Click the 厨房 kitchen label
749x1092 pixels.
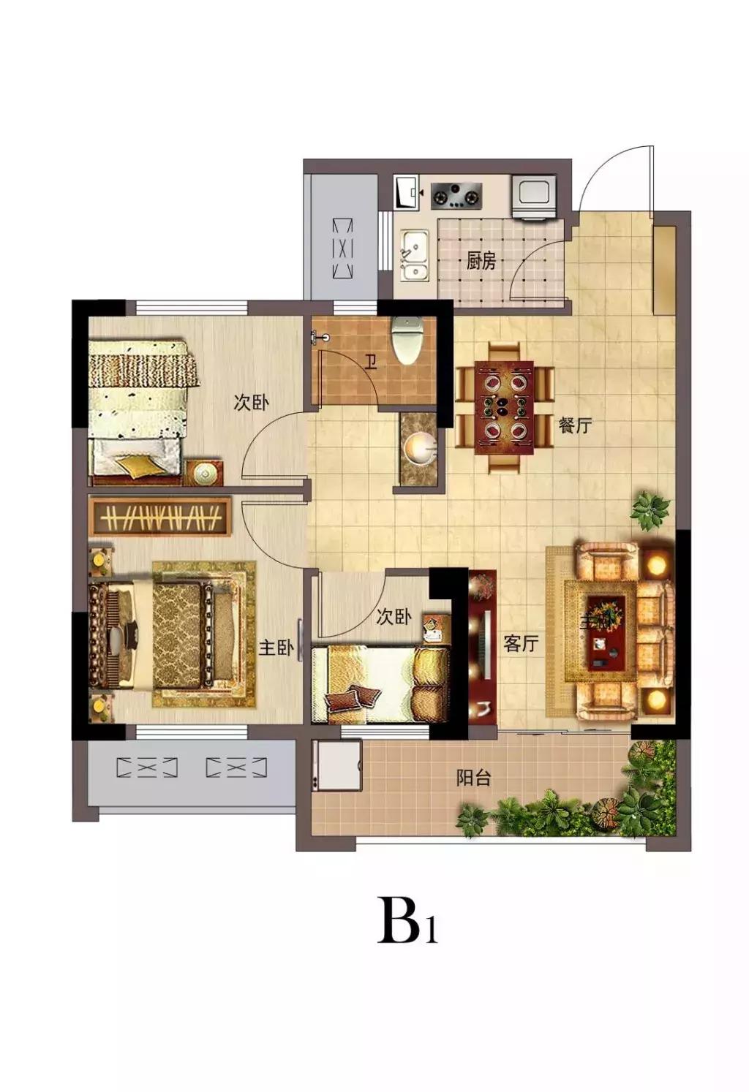(x=481, y=262)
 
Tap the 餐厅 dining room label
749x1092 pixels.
(x=575, y=425)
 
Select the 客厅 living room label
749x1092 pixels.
(x=521, y=643)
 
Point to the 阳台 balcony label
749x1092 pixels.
(x=473, y=777)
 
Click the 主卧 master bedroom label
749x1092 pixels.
(x=276, y=648)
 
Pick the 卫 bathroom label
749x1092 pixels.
(x=371, y=363)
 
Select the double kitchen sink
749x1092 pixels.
(x=415, y=257)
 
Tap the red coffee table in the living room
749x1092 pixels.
(x=606, y=632)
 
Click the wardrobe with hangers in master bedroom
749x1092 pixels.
(x=161, y=517)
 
